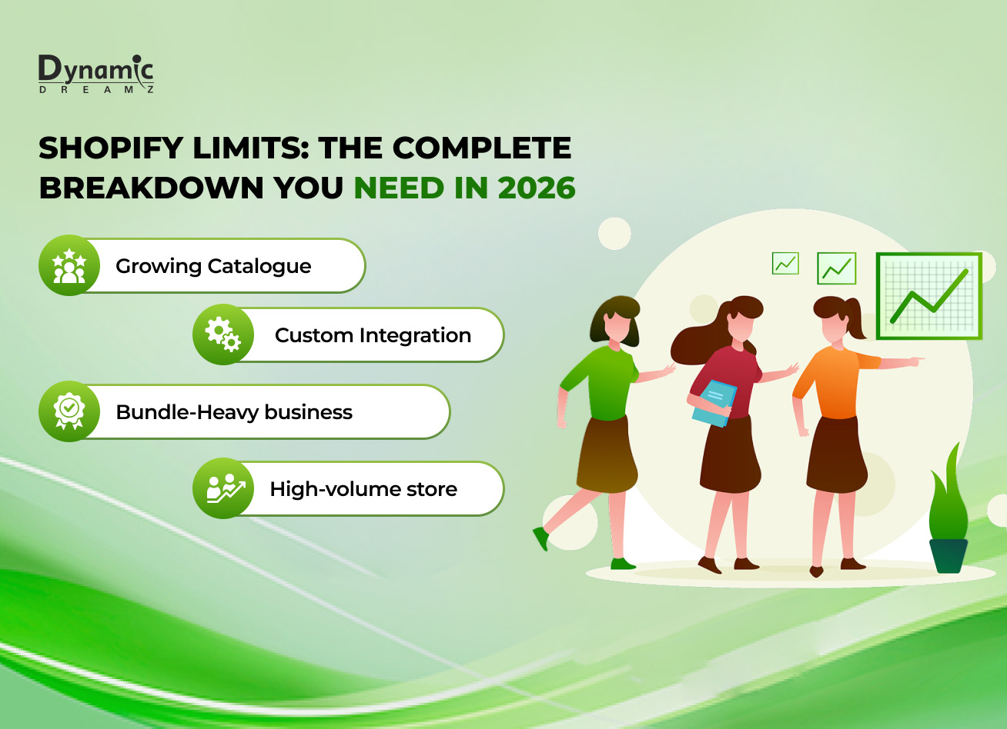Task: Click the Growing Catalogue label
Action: pos(213,266)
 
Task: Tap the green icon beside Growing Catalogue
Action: pos(69,265)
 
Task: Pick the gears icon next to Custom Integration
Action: pos(223,335)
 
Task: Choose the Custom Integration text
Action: pos(373,335)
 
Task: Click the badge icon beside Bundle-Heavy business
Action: pos(69,411)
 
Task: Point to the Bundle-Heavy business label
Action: pos(234,412)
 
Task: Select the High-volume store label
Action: pos(363,489)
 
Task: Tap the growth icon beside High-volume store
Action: pos(223,488)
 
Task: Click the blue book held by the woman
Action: pos(714,402)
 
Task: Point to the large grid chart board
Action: pos(928,296)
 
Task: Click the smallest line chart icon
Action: pos(785,264)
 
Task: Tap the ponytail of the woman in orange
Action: pos(855,320)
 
